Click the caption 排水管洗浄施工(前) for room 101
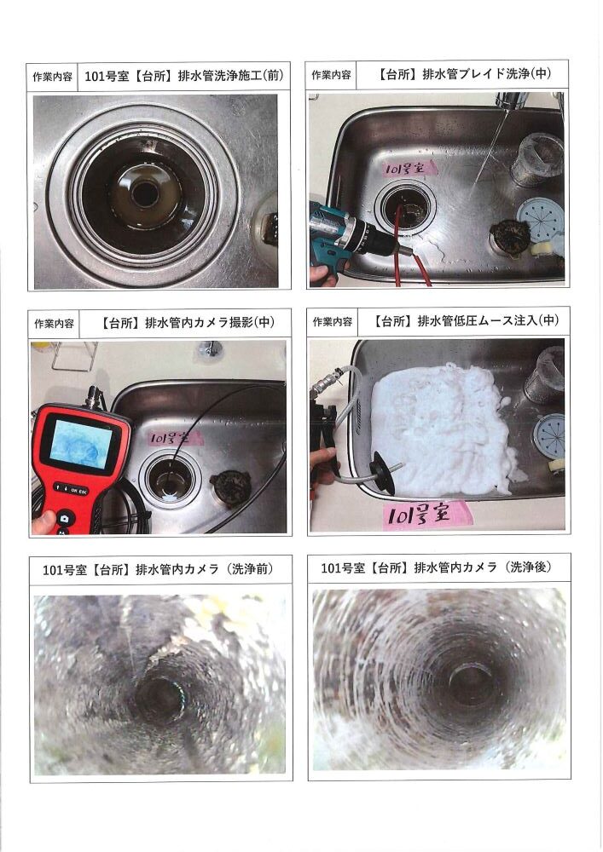click(x=183, y=76)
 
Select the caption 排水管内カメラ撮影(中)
click(x=187, y=322)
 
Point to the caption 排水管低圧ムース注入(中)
click(x=466, y=320)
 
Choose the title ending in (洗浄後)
click(x=436, y=567)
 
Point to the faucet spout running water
click(x=511, y=101)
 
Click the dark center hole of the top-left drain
click(x=145, y=194)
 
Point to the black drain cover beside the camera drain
click(x=231, y=487)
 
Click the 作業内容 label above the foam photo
click(x=332, y=322)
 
